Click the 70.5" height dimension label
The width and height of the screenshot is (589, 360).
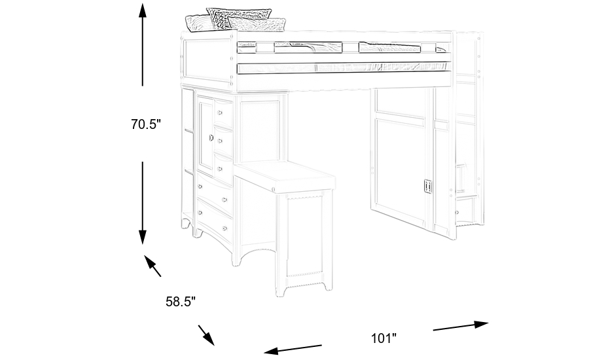pyautogui.click(x=145, y=124)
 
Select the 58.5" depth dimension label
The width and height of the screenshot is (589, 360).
pyautogui.click(x=180, y=302)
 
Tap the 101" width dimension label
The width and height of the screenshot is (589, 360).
pyautogui.click(x=384, y=338)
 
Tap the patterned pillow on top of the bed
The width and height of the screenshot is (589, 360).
pyautogui.click(x=239, y=18)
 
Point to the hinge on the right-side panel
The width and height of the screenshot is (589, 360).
pyautogui.click(x=428, y=187)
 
